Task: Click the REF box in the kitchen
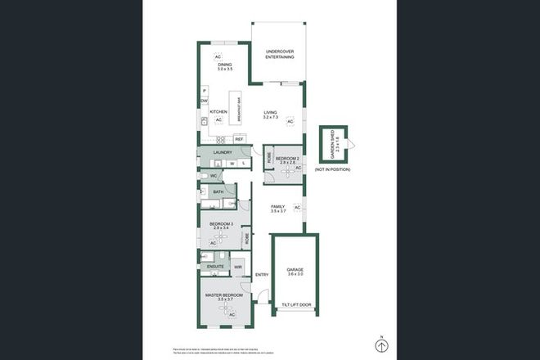click(x=239, y=140)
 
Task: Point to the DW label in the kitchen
click(x=204, y=101)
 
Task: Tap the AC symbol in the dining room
click(x=218, y=56)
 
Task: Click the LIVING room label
click(x=271, y=115)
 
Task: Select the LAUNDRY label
click(x=223, y=153)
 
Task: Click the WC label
click(x=212, y=176)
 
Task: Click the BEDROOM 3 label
click(x=222, y=226)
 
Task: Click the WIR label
click(x=238, y=268)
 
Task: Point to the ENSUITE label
click(x=216, y=268)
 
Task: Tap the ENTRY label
click(x=262, y=275)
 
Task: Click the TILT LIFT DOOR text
click(x=295, y=304)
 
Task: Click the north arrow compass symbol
click(x=380, y=344)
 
